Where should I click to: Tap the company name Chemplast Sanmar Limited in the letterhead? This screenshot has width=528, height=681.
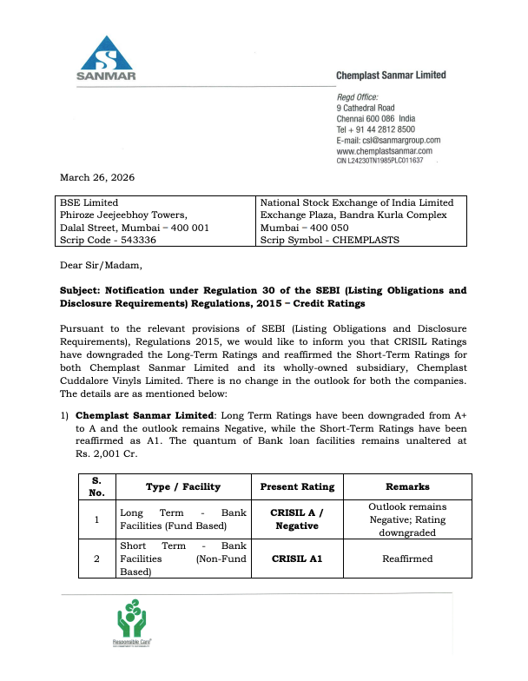[x=391, y=76]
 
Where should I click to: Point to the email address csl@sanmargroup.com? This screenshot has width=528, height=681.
[x=388, y=140]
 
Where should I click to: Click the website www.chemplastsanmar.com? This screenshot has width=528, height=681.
[x=384, y=150]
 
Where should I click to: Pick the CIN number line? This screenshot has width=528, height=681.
[x=379, y=161]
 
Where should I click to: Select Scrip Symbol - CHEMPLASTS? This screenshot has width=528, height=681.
[x=330, y=240]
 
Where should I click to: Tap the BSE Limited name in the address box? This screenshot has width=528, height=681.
[x=87, y=202]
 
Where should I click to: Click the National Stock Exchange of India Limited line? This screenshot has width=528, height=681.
[x=357, y=202]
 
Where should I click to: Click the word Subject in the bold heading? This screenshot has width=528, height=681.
[x=83, y=290]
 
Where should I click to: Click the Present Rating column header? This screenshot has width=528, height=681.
[x=297, y=486]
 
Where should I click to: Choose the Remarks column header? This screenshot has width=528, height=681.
[x=407, y=486]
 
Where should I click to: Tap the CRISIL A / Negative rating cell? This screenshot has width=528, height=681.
[x=297, y=519]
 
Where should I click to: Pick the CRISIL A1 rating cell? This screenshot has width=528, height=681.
[x=297, y=559]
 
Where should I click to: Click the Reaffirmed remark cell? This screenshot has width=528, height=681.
[x=407, y=559]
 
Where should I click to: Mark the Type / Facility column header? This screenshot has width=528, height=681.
[x=182, y=486]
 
